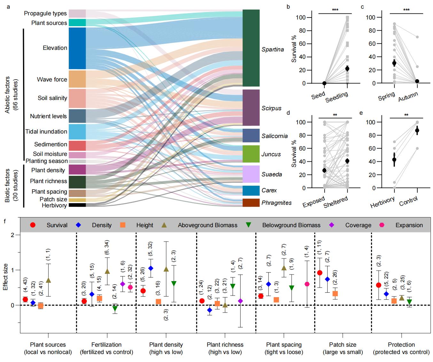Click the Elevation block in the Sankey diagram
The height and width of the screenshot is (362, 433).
(77, 48)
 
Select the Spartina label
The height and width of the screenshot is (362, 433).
(273, 50)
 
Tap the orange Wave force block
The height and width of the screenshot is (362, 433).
(77, 79)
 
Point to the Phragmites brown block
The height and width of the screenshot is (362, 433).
(251, 203)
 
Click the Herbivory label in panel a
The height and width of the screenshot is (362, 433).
(54, 205)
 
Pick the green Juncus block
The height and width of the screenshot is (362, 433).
(251, 154)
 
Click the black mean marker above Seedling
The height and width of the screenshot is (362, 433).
(347, 69)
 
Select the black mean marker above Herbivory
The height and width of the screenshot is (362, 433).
(394, 159)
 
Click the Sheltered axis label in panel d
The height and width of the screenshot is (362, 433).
(336, 202)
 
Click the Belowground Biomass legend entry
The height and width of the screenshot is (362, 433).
(291, 225)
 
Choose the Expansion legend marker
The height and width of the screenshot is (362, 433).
(382, 225)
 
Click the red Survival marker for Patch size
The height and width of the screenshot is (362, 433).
(319, 273)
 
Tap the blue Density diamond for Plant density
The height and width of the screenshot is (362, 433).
(151, 268)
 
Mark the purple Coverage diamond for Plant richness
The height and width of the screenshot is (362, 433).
(240, 301)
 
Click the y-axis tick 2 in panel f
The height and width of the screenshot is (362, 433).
(13, 235)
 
